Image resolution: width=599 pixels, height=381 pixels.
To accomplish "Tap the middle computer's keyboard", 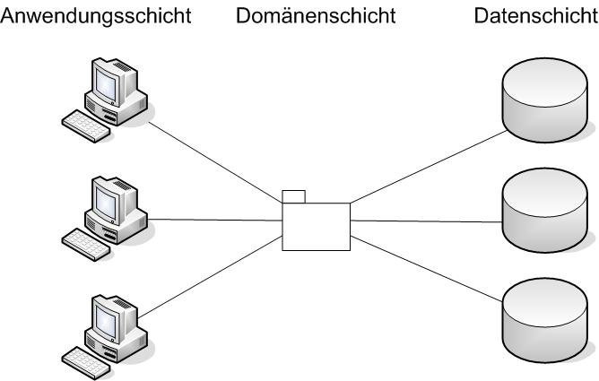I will [x=86, y=245].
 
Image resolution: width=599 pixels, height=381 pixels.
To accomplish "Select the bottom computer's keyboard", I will [x=86, y=359].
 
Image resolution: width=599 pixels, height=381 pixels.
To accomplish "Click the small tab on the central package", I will [x=293, y=196].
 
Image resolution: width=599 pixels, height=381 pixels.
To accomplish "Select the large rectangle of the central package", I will [x=316, y=226].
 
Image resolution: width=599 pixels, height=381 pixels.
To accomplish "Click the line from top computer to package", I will [x=215, y=166].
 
